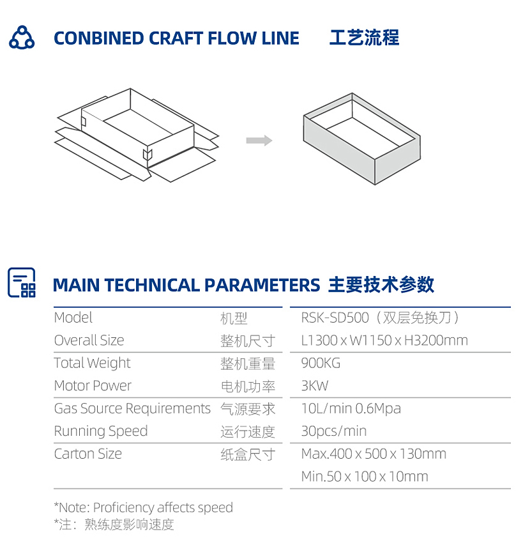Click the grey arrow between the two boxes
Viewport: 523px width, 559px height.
point(259,140)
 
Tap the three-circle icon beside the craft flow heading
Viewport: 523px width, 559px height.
point(22,37)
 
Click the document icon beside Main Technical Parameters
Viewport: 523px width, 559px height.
point(22,282)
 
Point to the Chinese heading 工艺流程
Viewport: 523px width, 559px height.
point(364,38)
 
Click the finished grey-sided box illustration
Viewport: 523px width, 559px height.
point(361,139)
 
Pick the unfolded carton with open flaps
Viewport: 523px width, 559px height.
point(137,135)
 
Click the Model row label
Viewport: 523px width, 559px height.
point(73,318)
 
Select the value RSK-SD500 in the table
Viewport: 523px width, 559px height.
point(335,318)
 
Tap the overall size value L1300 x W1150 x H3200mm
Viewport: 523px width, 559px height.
point(384,341)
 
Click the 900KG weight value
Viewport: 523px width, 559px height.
point(321,363)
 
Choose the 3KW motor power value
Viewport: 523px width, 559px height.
point(315,386)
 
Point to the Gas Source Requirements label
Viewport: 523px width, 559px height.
point(132,409)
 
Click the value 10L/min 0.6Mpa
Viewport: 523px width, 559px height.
point(351,409)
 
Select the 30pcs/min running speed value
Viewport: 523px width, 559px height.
point(334,431)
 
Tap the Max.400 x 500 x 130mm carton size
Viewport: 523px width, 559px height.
point(374,454)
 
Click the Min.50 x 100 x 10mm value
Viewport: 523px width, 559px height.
point(365,477)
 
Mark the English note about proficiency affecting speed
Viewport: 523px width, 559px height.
point(143,507)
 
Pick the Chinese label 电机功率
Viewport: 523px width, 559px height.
point(248,387)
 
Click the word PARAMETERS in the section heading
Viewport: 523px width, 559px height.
point(262,285)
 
